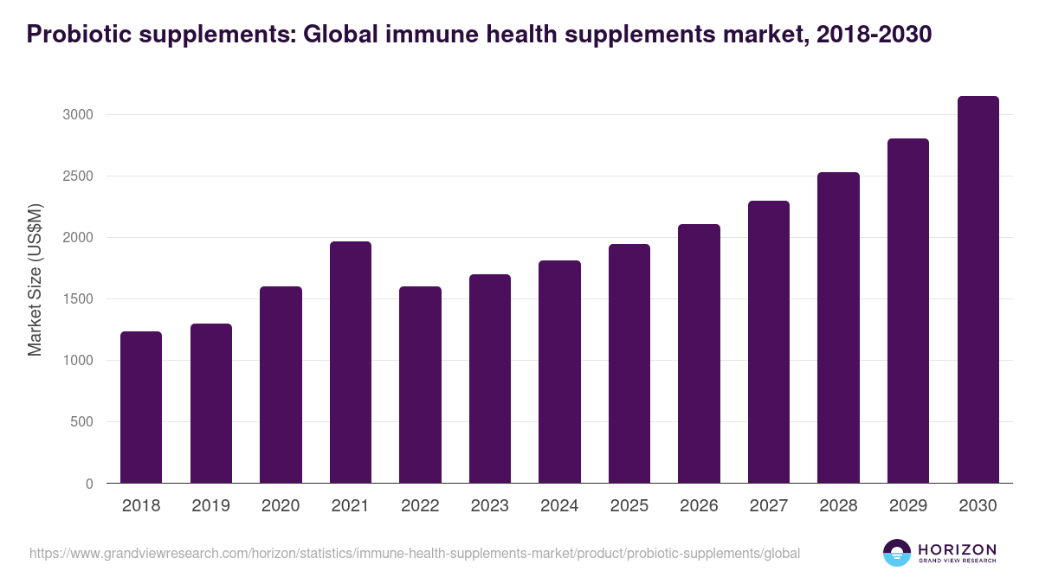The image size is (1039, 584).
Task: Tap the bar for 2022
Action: pos(420,384)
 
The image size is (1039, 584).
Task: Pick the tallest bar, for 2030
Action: pos(978,289)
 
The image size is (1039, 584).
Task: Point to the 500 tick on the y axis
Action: pos(81,422)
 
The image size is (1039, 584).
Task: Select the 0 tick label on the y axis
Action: pos(88,484)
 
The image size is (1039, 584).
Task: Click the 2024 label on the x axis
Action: pos(559,506)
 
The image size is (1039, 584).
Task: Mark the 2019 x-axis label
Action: pos(210,506)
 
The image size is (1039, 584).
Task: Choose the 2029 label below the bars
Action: pos(907,506)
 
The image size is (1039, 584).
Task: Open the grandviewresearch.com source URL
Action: pos(414,553)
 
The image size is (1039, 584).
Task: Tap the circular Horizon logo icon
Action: pos(896,553)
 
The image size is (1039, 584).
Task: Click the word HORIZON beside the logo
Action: pos(957,549)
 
